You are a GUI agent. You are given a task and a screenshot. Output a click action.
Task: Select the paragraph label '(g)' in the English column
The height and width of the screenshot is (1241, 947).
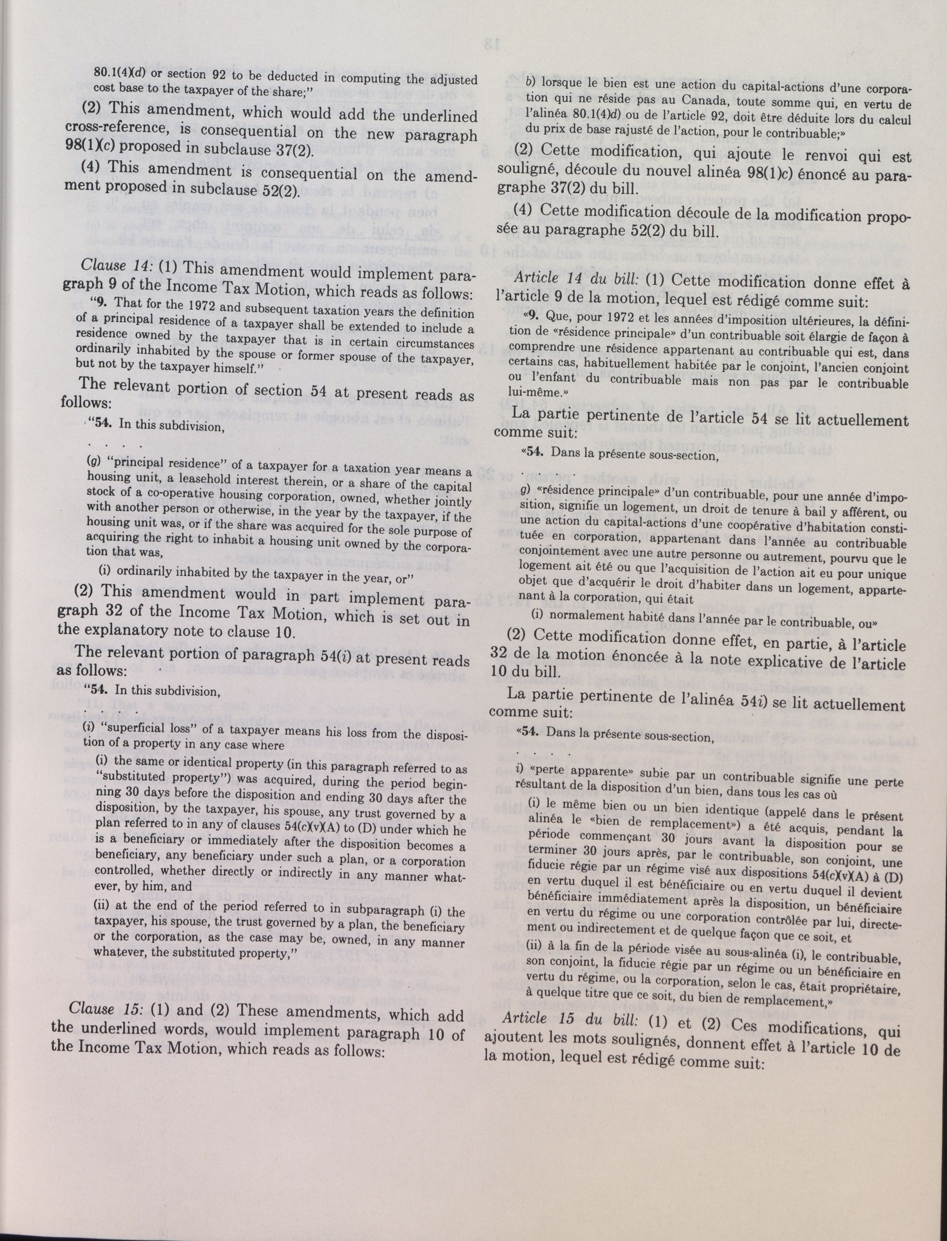(93, 461)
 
